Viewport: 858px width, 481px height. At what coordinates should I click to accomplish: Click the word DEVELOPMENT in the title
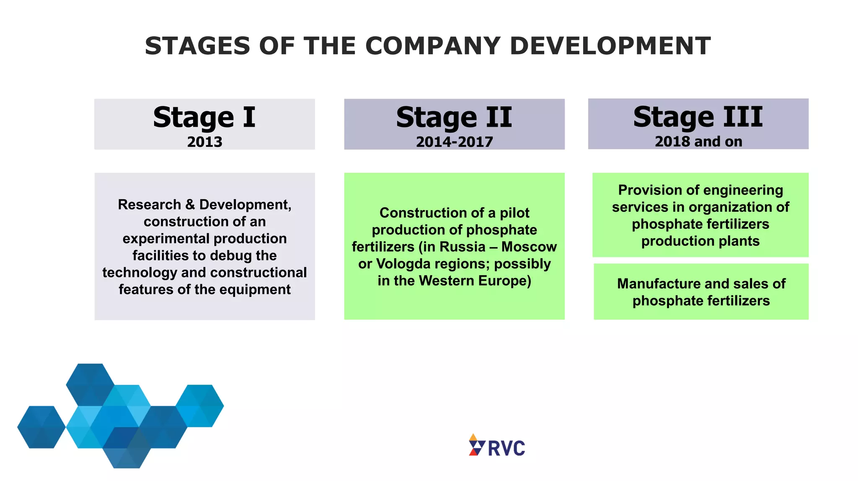610,46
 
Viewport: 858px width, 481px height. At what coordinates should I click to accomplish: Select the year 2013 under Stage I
204,142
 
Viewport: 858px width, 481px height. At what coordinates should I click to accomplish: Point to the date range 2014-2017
454,142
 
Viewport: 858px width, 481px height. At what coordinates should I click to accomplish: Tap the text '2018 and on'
698,141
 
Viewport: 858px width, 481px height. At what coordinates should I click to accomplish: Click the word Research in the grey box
150,205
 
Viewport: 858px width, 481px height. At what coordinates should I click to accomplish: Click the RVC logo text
506,448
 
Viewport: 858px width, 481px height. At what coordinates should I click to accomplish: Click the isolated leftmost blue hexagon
41,427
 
